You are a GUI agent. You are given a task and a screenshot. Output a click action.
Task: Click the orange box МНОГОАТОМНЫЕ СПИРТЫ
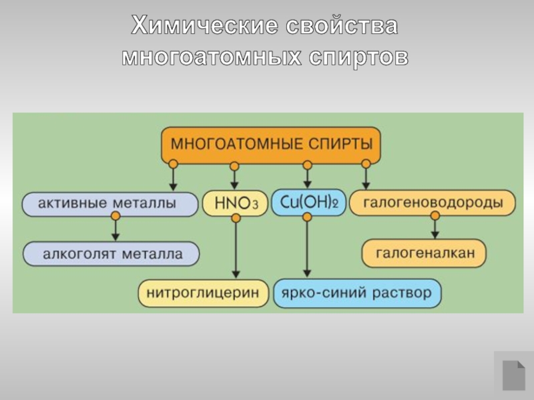[x=271, y=144]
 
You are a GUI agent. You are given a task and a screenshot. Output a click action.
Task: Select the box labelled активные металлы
[x=110, y=204]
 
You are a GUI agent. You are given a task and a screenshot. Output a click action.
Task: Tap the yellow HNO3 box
[x=236, y=203]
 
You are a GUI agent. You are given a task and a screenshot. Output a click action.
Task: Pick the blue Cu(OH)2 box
[x=308, y=203]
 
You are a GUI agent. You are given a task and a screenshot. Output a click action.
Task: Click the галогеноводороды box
[x=433, y=203]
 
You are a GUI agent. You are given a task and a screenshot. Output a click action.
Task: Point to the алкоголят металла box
[x=111, y=254]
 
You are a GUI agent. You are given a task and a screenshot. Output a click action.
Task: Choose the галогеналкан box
[x=424, y=253]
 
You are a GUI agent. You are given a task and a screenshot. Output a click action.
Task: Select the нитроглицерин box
[x=204, y=293]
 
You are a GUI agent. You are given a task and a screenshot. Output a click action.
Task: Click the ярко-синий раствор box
[x=357, y=293]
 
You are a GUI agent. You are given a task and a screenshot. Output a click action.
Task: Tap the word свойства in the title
[x=342, y=25]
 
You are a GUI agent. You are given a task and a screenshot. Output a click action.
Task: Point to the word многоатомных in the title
[x=212, y=57]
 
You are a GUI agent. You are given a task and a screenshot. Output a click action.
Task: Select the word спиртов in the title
[x=358, y=57]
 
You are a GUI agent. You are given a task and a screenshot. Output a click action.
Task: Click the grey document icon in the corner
[x=514, y=375]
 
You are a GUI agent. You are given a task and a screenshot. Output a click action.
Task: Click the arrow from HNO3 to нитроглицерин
[x=236, y=247]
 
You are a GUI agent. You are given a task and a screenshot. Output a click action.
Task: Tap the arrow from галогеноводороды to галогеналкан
[x=435, y=227]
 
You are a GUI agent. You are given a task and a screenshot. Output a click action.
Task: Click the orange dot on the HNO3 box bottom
[x=236, y=218]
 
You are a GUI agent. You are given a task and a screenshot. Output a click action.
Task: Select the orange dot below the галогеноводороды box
[x=435, y=215]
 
